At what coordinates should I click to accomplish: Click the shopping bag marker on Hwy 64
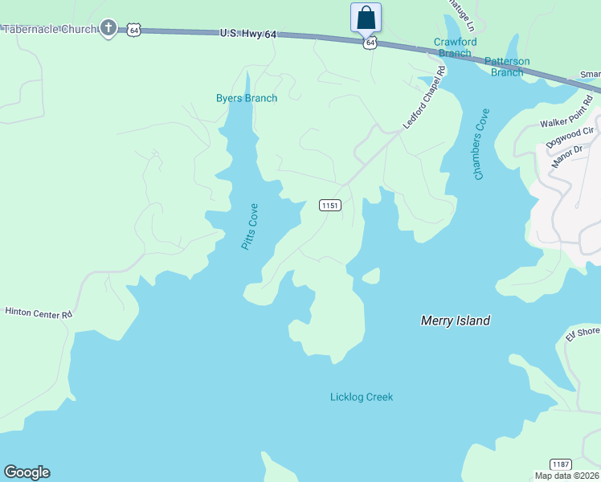click(366, 17)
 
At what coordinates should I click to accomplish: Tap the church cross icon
click(109, 29)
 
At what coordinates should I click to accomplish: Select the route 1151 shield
click(330, 206)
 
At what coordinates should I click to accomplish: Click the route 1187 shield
click(561, 464)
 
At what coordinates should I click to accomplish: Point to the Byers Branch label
click(247, 99)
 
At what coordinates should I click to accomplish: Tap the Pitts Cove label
click(251, 226)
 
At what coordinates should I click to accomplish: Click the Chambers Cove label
click(481, 145)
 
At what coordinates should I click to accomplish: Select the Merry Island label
click(456, 321)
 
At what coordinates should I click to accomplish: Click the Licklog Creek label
click(362, 397)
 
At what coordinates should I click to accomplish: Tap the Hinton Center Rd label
click(39, 312)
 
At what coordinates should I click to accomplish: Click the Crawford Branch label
click(455, 47)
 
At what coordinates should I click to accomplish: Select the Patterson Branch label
click(507, 67)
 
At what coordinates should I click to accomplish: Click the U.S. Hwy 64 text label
click(248, 35)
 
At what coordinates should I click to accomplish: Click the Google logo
click(27, 472)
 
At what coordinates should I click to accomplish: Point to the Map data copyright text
click(567, 476)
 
